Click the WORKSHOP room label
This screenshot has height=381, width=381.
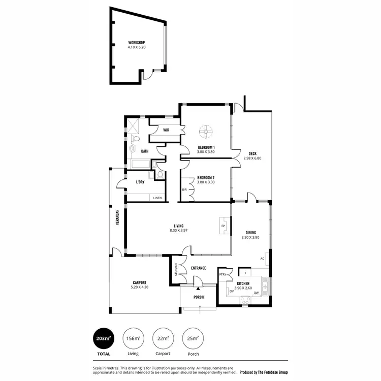[x=137, y=42]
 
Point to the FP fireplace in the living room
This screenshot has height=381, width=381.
[x=222, y=225]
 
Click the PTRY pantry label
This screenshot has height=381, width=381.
[x=222, y=275]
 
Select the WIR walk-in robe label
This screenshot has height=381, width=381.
[x=166, y=130]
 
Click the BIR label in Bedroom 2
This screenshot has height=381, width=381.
[x=184, y=190]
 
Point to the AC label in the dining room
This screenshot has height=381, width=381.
[x=262, y=258]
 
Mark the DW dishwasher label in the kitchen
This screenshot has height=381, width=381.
[x=257, y=293]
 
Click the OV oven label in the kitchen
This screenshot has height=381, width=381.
[x=231, y=292]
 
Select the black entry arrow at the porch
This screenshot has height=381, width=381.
[x=198, y=288]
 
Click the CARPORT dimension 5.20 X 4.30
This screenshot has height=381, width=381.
[x=140, y=287]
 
